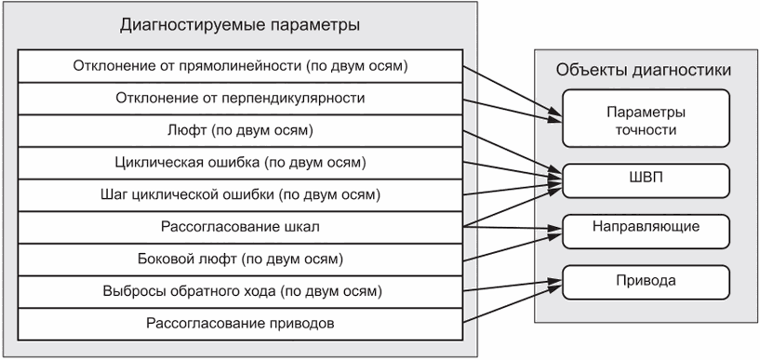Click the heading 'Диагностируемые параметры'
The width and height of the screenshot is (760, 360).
(240, 25)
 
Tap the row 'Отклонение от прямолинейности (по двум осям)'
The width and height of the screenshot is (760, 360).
(240, 66)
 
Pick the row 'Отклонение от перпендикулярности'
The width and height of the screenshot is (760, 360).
(240, 99)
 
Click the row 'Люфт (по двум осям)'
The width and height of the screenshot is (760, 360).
(240, 131)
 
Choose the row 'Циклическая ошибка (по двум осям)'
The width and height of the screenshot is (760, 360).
(240, 163)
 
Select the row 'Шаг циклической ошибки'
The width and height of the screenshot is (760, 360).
(240, 195)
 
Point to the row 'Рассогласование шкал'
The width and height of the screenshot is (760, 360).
(240, 227)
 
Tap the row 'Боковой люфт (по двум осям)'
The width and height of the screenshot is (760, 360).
(240, 260)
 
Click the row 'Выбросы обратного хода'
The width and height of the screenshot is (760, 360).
(240, 292)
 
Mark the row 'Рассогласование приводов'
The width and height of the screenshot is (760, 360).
(240, 324)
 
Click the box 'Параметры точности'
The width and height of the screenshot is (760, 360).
(646, 118)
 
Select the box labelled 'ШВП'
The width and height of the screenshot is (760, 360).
(646, 180)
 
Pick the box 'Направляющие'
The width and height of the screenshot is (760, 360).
(646, 232)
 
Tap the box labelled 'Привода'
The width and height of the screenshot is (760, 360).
(646, 282)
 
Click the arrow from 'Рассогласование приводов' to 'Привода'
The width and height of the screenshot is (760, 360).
(513, 304)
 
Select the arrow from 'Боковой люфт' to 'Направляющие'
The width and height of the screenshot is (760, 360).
(513, 248)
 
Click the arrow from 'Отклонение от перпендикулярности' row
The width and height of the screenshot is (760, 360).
(513, 110)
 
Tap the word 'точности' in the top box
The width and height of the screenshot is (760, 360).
(646, 130)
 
